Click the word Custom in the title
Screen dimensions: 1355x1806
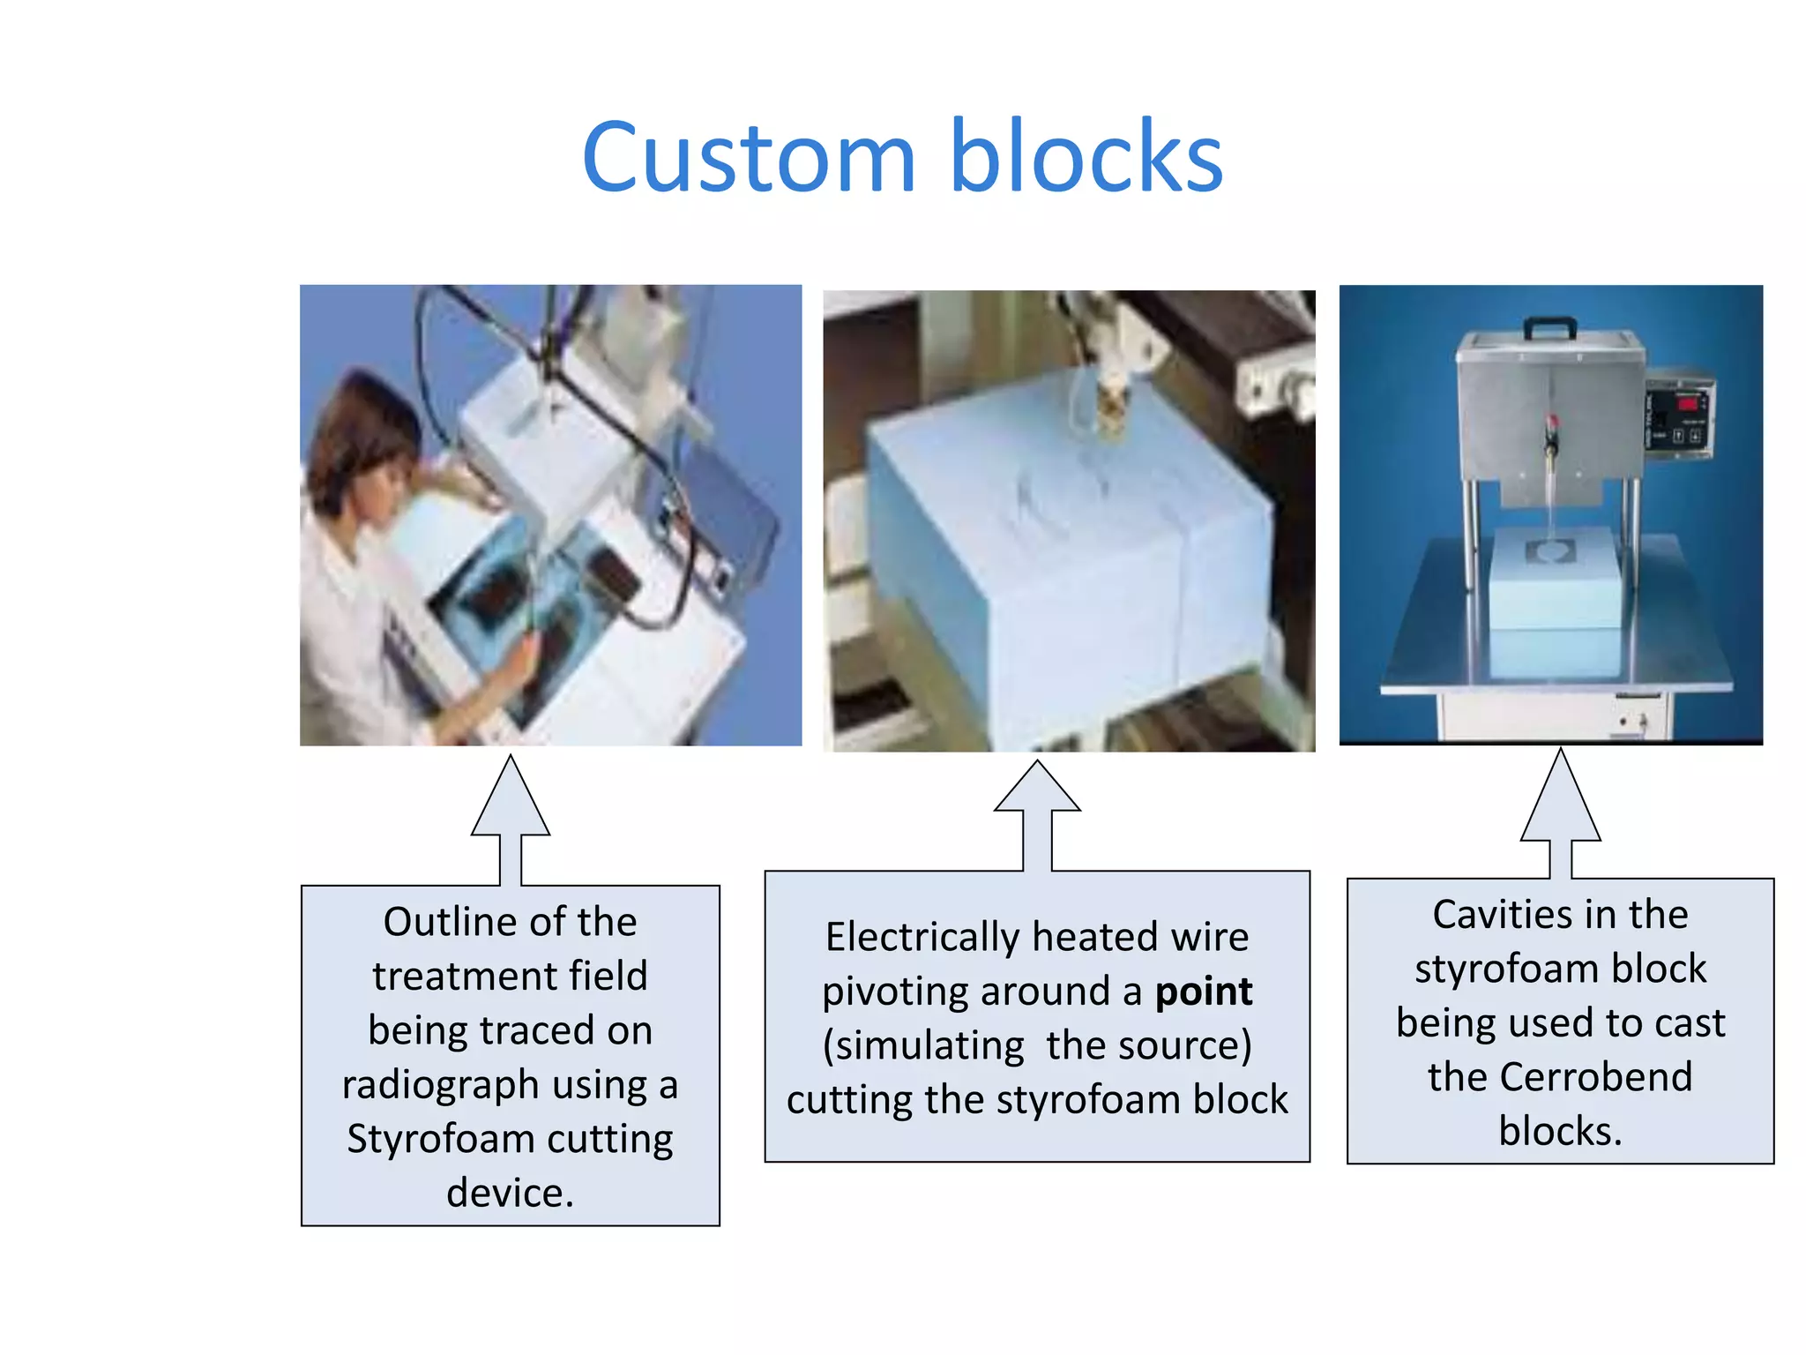[x=750, y=159]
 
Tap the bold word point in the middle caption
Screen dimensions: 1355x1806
[x=1203, y=992]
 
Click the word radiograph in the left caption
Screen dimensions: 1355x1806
[x=440, y=1085]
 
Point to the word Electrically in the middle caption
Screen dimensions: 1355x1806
[x=922, y=937]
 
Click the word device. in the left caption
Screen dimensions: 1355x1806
[x=510, y=1193]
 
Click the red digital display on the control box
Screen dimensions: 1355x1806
[x=1688, y=404]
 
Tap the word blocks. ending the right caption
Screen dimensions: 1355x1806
[x=1560, y=1132]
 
